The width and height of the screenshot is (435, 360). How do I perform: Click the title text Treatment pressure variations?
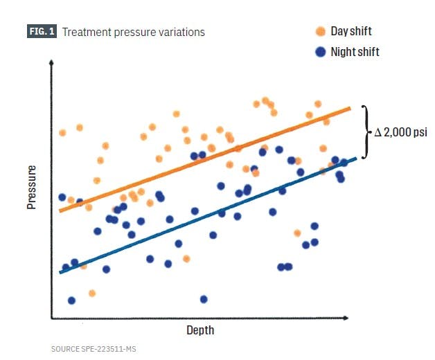click(x=134, y=32)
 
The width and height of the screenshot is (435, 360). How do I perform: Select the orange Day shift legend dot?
click(x=320, y=31)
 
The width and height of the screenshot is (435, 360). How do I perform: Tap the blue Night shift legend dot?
click(x=320, y=52)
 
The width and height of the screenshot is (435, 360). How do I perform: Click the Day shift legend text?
click(x=351, y=31)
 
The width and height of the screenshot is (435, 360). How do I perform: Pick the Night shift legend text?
click(x=355, y=52)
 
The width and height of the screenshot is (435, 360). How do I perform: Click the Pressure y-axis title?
click(x=32, y=187)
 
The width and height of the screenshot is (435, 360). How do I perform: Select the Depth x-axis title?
click(x=200, y=330)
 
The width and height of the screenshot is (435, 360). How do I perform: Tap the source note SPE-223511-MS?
click(x=94, y=349)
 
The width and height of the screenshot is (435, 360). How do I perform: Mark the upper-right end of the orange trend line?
click(x=350, y=108)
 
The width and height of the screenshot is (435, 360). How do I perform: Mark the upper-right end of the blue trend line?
click(x=355, y=159)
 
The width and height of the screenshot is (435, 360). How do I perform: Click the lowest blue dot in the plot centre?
click(x=204, y=299)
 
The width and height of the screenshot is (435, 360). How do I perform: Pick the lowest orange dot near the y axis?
click(x=92, y=294)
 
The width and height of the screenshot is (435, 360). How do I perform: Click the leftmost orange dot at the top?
click(x=62, y=132)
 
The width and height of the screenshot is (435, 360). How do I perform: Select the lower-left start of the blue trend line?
click(x=60, y=272)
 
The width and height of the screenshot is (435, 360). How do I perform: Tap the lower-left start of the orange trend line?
click(x=60, y=210)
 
